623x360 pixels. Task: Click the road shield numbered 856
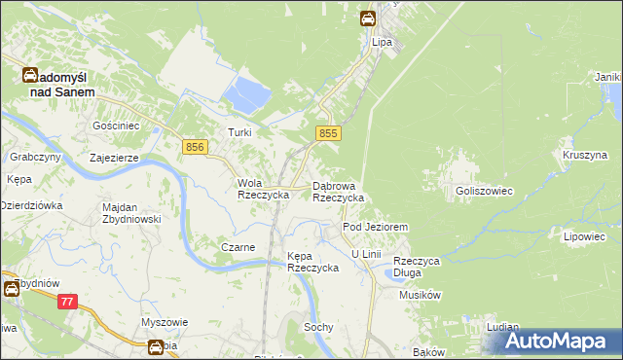pos(195,146)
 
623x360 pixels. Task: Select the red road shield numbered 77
pos(67,303)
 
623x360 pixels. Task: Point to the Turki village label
pos(239,132)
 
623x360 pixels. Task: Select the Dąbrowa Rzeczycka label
pos(338,192)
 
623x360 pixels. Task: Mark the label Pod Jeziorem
pos(375,227)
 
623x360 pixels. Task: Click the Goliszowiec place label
pos(484,192)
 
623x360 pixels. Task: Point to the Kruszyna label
pos(584,155)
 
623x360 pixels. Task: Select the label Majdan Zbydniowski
pos(131,213)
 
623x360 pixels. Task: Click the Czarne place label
pos(238,247)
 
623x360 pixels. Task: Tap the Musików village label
pos(421,295)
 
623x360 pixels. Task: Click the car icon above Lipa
pos(369,18)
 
